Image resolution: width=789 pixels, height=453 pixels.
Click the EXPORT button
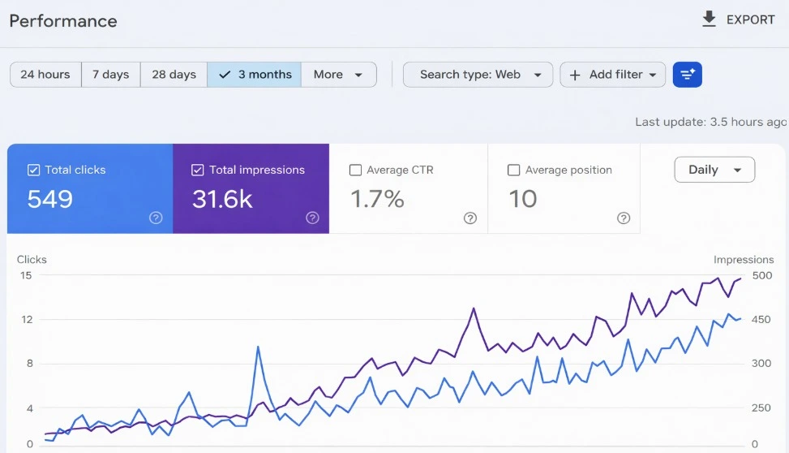(739, 19)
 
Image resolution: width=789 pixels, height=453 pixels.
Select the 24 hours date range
(45, 75)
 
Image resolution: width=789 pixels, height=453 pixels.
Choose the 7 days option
(111, 75)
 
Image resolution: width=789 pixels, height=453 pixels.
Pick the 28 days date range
(174, 75)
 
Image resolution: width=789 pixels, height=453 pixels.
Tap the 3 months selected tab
(255, 75)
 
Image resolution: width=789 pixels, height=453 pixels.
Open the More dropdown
(338, 75)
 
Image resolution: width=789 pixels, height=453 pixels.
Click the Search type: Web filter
(478, 75)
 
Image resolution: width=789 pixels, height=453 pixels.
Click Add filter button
(612, 75)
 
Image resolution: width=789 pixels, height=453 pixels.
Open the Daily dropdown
(714, 170)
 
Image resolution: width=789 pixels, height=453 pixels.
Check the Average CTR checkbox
(355, 170)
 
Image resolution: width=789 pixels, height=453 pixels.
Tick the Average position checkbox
(513, 170)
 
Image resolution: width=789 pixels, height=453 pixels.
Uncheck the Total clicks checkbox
(34, 170)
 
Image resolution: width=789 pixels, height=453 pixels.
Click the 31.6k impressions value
(222, 199)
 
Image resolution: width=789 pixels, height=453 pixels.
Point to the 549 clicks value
(50, 199)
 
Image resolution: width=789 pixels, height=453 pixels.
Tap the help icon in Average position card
(624, 218)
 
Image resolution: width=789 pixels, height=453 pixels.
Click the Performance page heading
(63, 21)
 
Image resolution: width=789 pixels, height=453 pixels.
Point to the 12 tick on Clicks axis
(27, 319)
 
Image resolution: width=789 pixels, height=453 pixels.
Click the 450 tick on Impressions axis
(761, 319)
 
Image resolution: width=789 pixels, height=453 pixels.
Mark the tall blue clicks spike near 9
(258, 347)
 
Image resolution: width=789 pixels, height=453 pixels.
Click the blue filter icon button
(688, 75)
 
